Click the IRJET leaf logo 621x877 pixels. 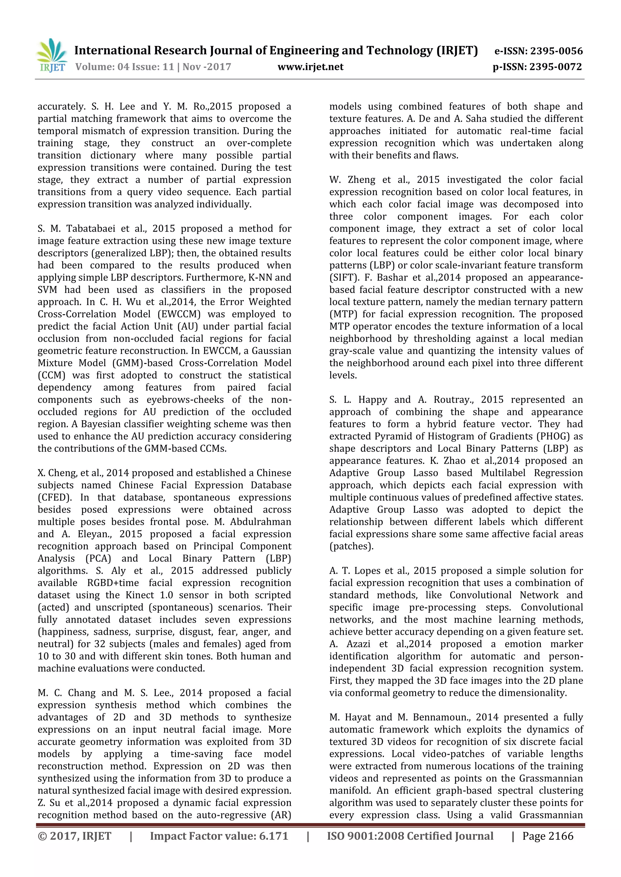tap(52, 55)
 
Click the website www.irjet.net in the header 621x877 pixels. tap(310, 67)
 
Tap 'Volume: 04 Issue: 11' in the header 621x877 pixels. tap(125, 67)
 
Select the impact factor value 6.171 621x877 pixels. tap(274, 836)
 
